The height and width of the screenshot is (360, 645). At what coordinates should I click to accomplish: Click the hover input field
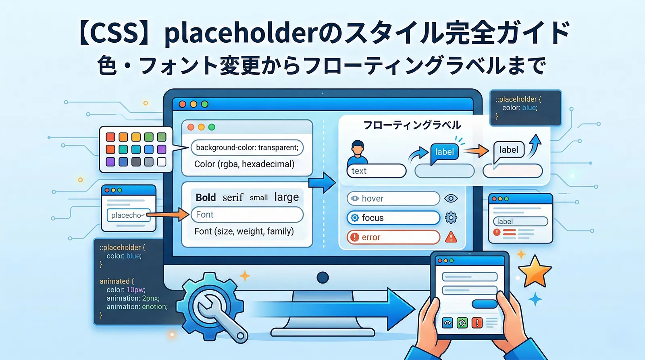point(393,198)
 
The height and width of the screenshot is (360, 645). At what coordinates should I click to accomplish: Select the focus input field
point(393,218)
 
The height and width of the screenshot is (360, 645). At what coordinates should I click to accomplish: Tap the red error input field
point(393,237)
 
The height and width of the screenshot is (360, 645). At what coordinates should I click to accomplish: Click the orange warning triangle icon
point(451,237)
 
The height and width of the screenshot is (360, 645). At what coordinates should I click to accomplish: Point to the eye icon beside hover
point(451,198)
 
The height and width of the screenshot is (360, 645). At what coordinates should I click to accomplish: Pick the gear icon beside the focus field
point(451,218)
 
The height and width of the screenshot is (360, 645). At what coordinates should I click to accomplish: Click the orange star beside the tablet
point(535,271)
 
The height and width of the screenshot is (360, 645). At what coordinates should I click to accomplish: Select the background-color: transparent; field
point(247,148)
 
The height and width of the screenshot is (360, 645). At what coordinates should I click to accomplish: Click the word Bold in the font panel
point(206,198)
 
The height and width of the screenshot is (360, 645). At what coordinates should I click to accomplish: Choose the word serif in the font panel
point(233,198)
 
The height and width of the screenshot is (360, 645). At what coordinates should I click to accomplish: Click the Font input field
point(247,214)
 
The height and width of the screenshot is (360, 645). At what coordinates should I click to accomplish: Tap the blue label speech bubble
point(444,152)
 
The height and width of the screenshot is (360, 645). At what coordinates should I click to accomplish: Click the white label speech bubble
point(509,150)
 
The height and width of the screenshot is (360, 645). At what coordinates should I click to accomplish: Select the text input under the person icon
point(376,171)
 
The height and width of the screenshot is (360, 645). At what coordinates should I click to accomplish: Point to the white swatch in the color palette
point(162,162)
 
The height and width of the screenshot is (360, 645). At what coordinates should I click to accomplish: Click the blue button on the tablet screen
point(484,304)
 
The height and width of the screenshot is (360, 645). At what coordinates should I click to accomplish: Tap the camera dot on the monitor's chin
point(322,277)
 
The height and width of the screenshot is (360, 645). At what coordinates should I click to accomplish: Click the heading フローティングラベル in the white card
point(412,125)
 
